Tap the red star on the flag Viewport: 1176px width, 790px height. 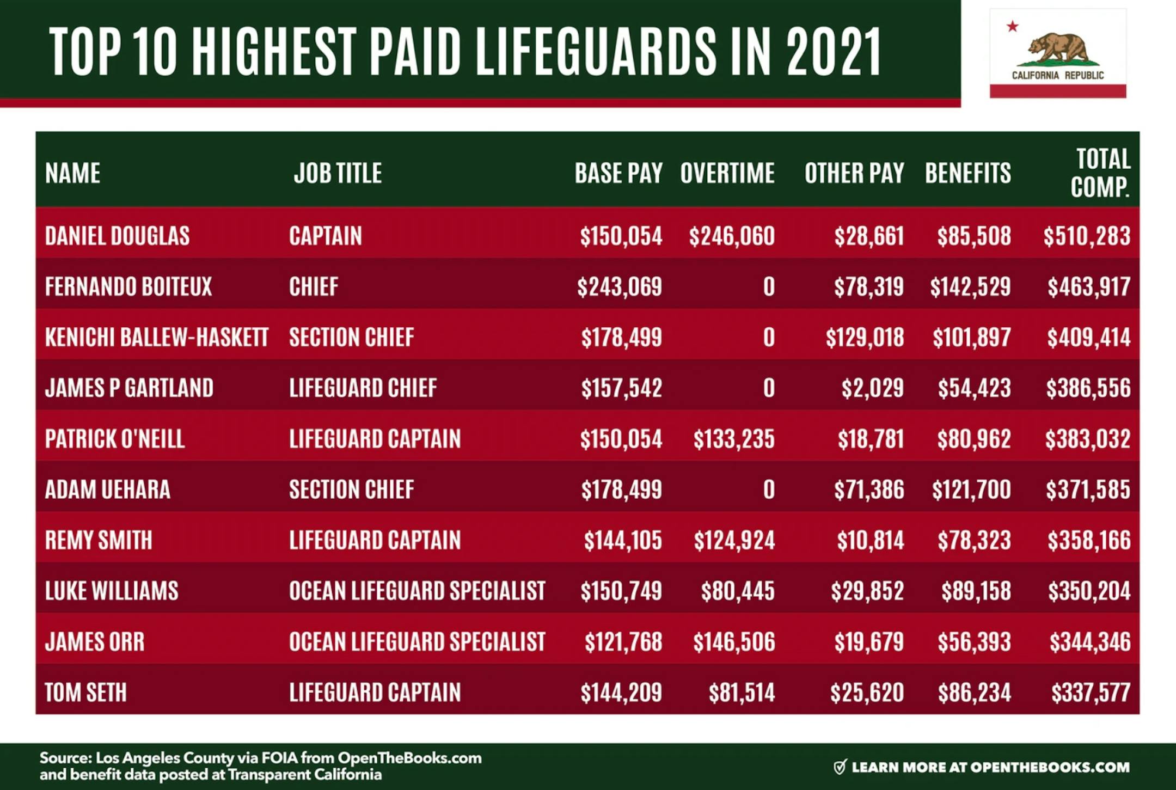(x=1012, y=26)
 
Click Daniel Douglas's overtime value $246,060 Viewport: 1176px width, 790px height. (x=731, y=236)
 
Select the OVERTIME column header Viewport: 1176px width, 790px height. (x=727, y=173)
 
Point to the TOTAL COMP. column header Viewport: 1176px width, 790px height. (x=1100, y=173)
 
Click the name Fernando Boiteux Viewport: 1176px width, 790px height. (x=128, y=287)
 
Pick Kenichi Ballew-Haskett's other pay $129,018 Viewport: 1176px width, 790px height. (x=865, y=338)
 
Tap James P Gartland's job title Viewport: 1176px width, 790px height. (x=363, y=388)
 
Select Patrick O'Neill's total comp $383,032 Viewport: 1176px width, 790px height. (x=1087, y=439)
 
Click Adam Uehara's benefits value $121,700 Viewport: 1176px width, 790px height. (x=971, y=489)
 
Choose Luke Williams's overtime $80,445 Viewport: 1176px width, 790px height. (x=737, y=591)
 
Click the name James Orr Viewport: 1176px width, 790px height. (x=95, y=642)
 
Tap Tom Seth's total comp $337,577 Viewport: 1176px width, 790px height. (x=1091, y=693)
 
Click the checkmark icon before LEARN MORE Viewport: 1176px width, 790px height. (x=840, y=767)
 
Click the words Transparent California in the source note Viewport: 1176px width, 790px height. (x=304, y=775)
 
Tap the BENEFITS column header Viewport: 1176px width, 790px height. (x=967, y=173)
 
